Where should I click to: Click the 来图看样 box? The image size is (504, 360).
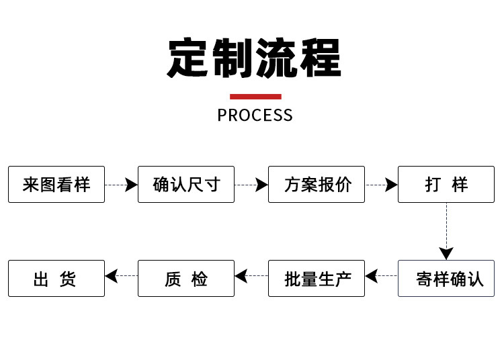click(x=56, y=184)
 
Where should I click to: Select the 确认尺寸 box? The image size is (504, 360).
click(x=186, y=184)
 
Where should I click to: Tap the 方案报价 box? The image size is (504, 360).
click(x=317, y=184)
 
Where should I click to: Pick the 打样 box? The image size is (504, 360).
click(x=446, y=184)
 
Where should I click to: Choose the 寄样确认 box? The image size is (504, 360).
click(x=446, y=279)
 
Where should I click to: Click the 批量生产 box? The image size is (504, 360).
click(x=317, y=279)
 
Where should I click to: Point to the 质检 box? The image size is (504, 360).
click(x=186, y=279)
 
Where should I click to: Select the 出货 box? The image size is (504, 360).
click(x=56, y=279)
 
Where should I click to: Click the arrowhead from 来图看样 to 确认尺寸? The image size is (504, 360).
click(x=132, y=185)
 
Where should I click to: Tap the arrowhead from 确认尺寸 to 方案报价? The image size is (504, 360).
click(x=261, y=185)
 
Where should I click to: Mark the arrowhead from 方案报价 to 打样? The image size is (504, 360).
click(x=392, y=185)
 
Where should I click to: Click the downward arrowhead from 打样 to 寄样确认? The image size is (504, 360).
click(x=446, y=253)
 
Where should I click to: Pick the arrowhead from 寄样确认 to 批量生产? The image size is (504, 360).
click(x=372, y=276)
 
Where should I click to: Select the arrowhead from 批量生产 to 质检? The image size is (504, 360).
click(x=241, y=276)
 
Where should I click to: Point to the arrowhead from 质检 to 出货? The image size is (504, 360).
click(x=111, y=276)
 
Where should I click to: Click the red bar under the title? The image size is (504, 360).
click(x=255, y=97)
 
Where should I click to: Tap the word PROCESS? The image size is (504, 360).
click(x=255, y=115)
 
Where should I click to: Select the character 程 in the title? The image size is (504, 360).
click(x=321, y=58)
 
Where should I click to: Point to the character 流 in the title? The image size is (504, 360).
click(x=276, y=58)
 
